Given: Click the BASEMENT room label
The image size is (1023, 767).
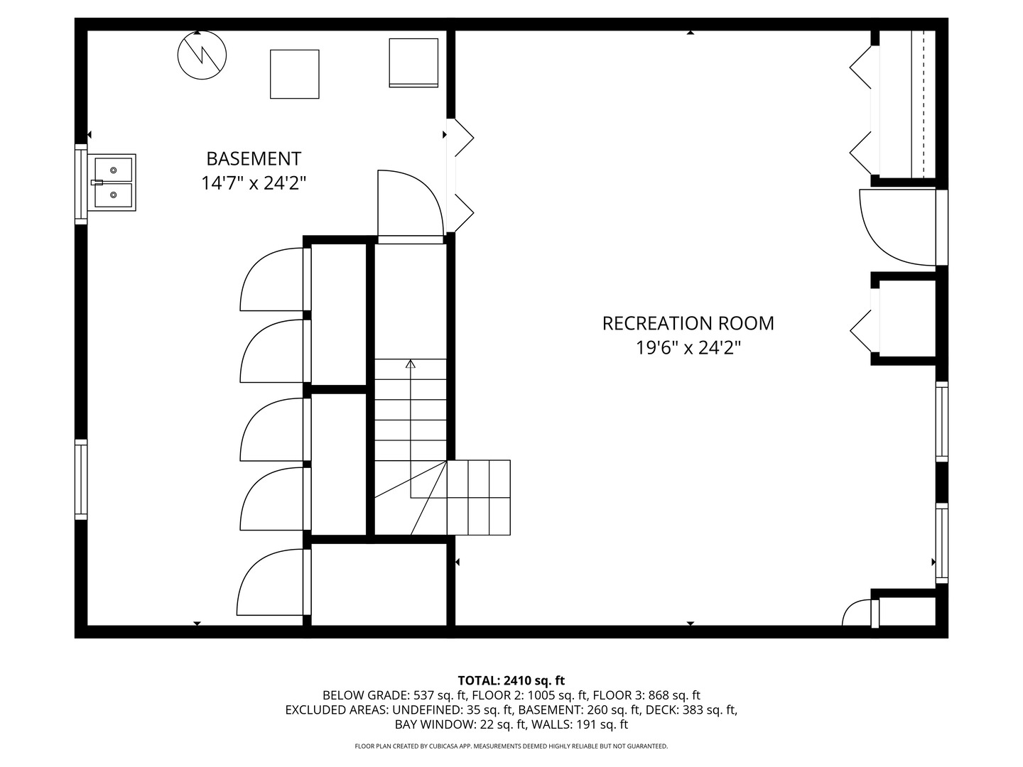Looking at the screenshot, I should [254, 158].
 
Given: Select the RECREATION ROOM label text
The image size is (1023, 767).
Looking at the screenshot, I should [688, 323].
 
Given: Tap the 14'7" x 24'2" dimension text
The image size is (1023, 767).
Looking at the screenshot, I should [254, 183].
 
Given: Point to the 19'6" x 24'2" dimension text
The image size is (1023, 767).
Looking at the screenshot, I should [688, 348].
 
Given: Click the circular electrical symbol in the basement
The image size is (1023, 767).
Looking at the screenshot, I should [202, 55].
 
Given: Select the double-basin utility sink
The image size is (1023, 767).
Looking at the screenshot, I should [113, 183].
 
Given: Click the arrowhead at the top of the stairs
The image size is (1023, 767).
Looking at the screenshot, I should [411, 364].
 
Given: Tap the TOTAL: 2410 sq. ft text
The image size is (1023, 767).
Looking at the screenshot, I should [511, 680].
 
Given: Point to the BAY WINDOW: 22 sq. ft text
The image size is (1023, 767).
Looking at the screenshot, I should [460, 725].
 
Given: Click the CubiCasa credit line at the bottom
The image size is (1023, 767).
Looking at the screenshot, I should [511, 746].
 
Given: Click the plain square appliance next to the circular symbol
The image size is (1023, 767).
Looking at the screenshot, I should [294, 74].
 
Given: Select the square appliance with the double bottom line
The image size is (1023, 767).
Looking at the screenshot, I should [413, 62].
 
